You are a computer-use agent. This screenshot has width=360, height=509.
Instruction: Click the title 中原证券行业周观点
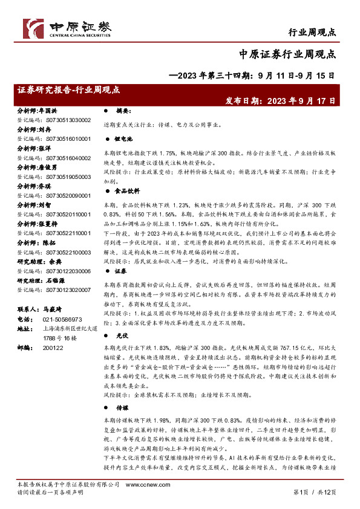click(287, 55)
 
